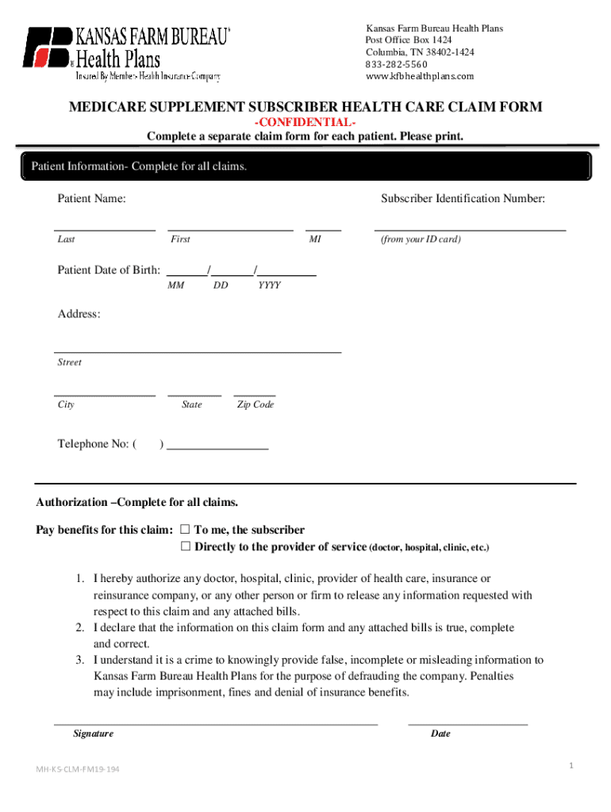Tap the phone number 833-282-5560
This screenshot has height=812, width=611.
click(x=396, y=64)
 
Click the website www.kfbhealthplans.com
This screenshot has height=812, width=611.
click(x=419, y=76)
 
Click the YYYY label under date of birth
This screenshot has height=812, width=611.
click(x=269, y=285)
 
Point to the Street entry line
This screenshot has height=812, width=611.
click(x=198, y=350)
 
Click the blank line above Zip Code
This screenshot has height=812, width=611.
click(x=255, y=393)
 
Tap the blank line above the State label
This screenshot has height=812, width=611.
click(x=194, y=393)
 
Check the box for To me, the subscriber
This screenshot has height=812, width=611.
click(x=186, y=530)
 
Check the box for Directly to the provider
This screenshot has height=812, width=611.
click(x=186, y=547)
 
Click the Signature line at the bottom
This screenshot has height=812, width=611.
click(x=215, y=723)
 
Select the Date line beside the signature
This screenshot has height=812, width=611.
click(x=467, y=723)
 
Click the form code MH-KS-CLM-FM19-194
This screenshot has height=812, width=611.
click(x=79, y=770)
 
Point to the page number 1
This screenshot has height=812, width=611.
click(x=570, y=765)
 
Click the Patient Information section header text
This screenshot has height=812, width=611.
click(x=139, y=167)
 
